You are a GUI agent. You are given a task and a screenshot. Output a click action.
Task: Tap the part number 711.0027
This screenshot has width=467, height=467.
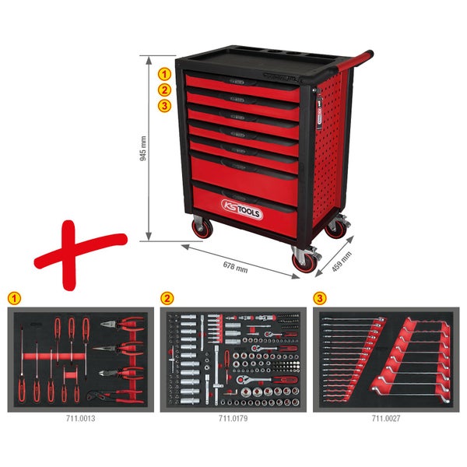[x=386, y=418]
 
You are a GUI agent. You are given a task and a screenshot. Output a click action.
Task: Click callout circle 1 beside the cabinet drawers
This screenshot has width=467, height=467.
[x=164, y=75]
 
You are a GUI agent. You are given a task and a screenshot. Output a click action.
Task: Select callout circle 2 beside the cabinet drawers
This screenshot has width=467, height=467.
[x=164, y=90]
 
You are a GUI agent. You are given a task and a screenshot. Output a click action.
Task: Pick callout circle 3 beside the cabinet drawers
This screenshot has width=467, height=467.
[x=164, y=106]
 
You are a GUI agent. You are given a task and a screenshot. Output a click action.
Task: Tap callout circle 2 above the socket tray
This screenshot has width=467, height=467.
[x=166, y=298]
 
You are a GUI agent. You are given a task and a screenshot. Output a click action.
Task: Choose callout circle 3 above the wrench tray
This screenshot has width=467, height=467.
[x=320, y=298]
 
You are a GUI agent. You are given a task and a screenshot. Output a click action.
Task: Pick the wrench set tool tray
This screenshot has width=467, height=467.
[x=386, y=358]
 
